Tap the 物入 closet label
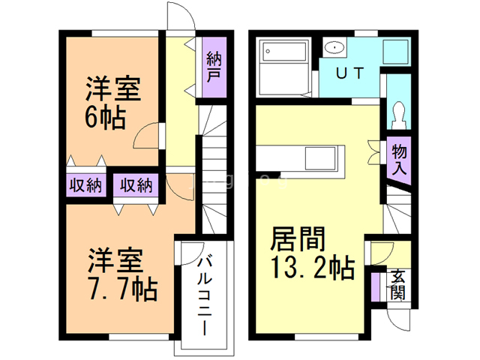point(399,160)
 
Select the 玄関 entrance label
point(397,283)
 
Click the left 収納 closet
point(85,184)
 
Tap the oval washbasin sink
point(334,49)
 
